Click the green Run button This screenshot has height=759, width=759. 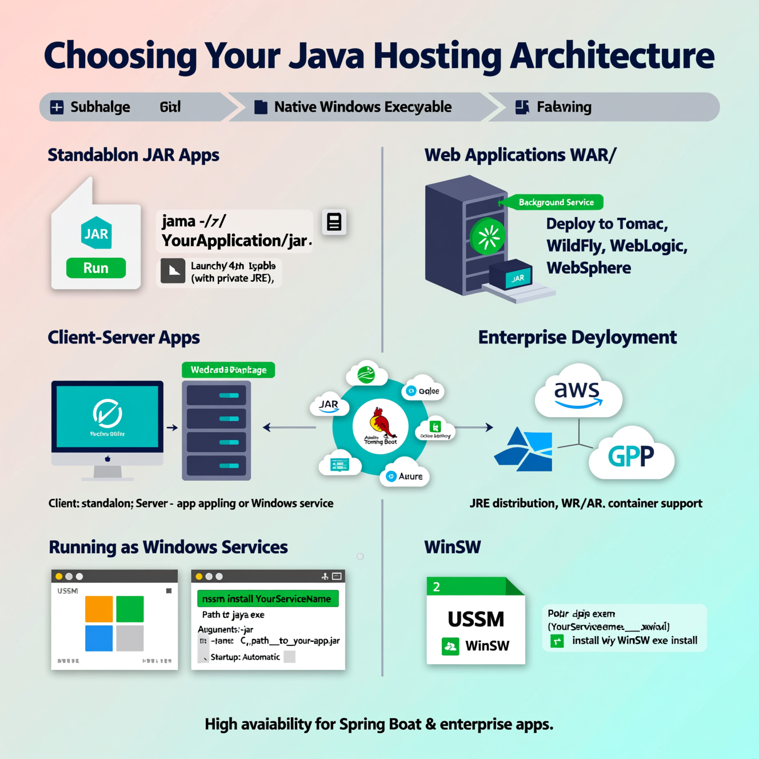(x=96, y=268)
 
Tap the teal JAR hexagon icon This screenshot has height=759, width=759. (x=96, y=233)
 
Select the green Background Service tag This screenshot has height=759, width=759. (x=555, y=202)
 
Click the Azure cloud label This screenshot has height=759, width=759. (x=405, y=476)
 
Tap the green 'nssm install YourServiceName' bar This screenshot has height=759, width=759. (x=267, y=599)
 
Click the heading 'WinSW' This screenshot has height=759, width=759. (x=453, y=547)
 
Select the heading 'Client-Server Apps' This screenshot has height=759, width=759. (x=123, y=337)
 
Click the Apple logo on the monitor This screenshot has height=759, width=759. (x=107, y=458)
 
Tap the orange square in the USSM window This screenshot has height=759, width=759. (x=99, y=609)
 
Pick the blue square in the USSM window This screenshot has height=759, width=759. (x=99, y=638)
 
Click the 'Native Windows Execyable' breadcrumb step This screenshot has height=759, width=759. (x=362, y=107)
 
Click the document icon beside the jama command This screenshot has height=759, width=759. (x=334, y=222)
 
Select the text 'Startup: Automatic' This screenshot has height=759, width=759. (x=245, y=657)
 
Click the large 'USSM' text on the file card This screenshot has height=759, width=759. (x=476, y=619)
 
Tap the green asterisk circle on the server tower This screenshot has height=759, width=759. (x=488, y=236)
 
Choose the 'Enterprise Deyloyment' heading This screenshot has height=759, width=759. (x=577, y=337)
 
